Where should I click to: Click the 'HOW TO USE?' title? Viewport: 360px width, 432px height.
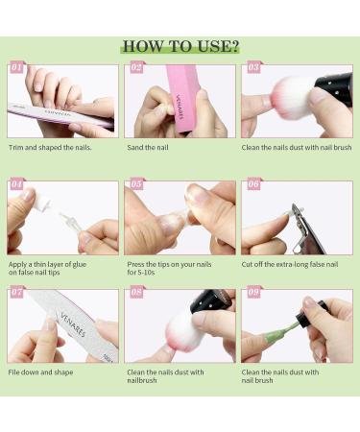(x=180, y=46)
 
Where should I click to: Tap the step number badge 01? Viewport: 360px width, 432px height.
(x=16, y=67)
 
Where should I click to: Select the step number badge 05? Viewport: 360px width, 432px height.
(x=136, y=183)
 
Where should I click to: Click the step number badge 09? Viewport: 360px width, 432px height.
(x=253, y=292)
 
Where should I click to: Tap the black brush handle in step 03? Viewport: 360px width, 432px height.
(x=334, y=84)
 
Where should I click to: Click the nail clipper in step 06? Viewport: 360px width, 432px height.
(x=304, y=230)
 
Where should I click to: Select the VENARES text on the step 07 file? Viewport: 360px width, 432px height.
(x=73, y=325)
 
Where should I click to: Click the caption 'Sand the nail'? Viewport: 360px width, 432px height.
(x=148, y=148)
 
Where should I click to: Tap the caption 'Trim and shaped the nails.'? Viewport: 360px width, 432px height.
(x=50, y=148)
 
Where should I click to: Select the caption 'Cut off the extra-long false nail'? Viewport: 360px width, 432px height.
(x=290, y=264)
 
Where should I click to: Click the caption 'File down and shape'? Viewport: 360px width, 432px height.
(x=40, y=372)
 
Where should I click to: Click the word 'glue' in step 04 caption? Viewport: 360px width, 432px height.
(x=79, y=265)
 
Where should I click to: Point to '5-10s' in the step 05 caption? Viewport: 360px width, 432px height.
(x=146, y=273)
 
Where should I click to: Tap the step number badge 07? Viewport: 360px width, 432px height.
(x=16, y=292)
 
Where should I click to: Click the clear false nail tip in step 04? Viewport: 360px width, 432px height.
(x=71, y=222)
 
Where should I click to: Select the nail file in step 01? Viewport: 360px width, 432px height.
(x=60, y=115)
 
